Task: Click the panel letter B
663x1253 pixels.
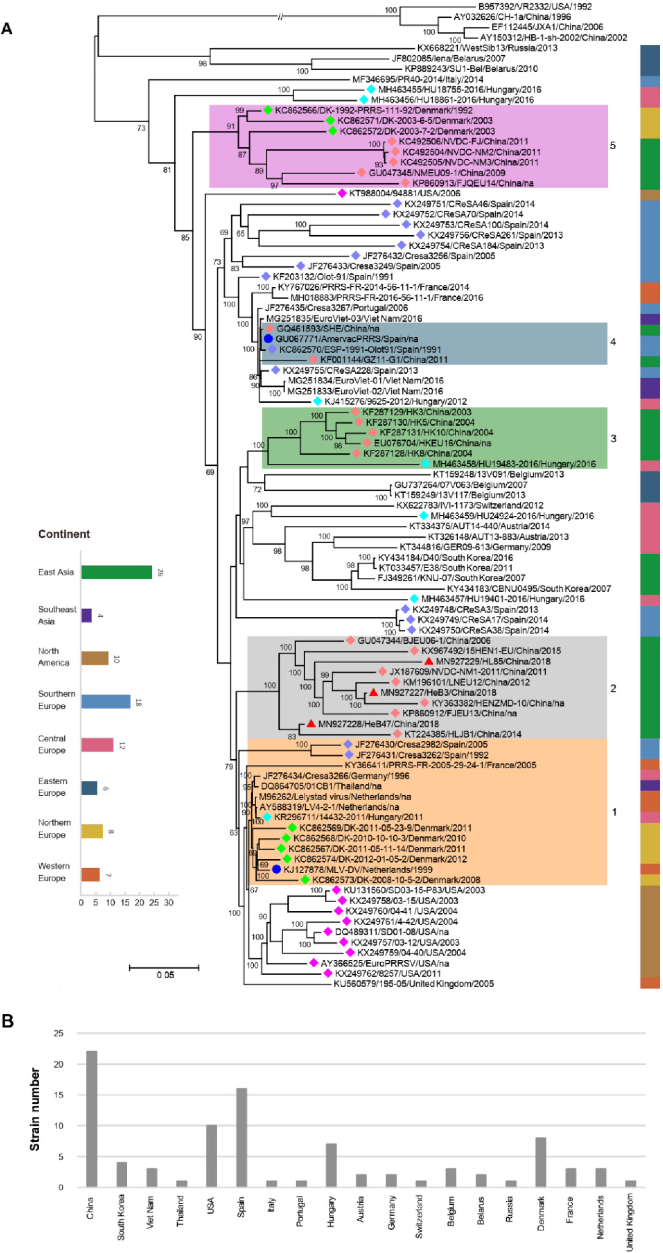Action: tap(7, 1021)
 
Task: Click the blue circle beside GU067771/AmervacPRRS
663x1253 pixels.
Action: tap(268, 339)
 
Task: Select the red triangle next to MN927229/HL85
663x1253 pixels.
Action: tap(429, 661)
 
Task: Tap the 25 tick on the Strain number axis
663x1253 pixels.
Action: tap(58, 1033)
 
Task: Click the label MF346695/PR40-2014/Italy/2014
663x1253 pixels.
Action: tap(417, 79)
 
